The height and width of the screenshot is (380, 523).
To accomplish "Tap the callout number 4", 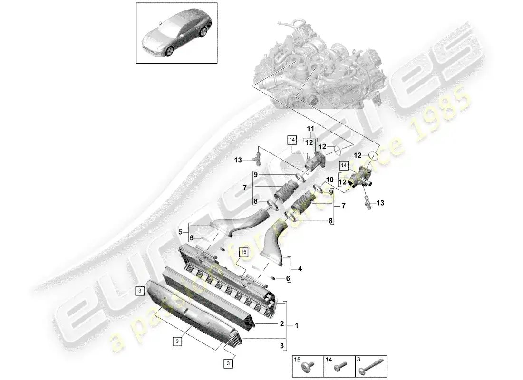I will pos(300,268).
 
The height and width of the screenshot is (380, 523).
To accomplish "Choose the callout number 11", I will pos(310,129).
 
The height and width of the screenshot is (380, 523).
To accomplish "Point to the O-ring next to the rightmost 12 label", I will pos(374,156).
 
